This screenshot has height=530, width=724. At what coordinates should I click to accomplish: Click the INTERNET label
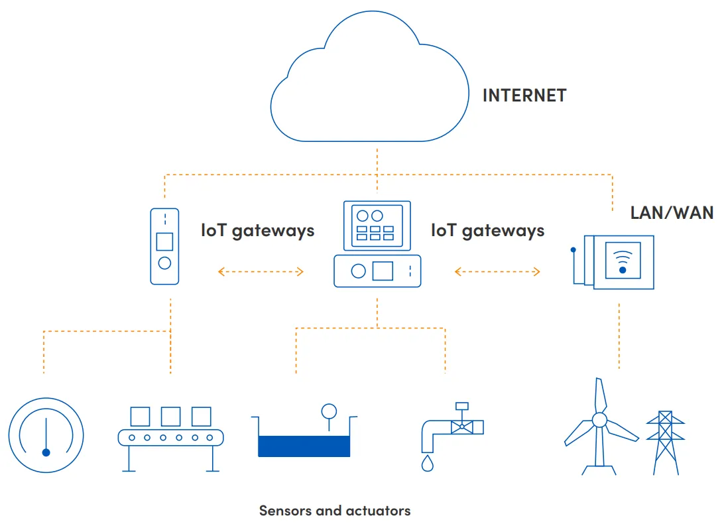524,96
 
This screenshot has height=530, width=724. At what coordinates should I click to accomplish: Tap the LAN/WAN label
672,213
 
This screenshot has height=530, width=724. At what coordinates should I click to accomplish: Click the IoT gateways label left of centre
257,230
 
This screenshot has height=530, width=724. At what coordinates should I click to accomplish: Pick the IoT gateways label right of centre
487,230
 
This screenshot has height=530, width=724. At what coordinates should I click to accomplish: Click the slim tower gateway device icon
164,246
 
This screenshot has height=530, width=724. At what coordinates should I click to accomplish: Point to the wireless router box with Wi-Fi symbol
622,262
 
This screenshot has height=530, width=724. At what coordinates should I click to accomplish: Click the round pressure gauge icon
46,434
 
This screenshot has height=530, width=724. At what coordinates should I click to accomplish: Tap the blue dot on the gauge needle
46,452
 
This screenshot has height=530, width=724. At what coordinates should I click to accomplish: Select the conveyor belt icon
170,437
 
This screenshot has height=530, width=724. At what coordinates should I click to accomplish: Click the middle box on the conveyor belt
170,416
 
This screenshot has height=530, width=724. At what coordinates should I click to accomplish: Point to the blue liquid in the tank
304,446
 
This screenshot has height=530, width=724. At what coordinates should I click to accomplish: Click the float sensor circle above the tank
328,411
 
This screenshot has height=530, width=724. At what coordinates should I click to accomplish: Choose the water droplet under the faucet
427,462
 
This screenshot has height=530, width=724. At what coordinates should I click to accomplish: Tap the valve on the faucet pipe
461,426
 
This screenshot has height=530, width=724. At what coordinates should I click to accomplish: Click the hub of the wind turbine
599,420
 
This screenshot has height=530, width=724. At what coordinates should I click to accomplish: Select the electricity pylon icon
665,441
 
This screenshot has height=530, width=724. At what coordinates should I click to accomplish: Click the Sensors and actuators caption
335,511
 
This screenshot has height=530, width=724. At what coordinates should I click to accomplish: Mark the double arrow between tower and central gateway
261,271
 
